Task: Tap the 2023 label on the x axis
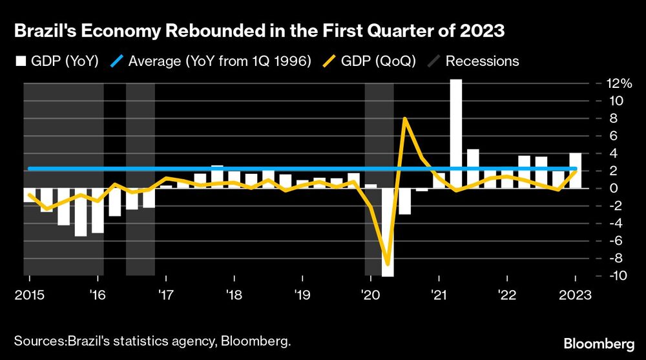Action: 576,295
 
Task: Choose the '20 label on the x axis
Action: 371,295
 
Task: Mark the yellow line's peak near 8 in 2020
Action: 404,119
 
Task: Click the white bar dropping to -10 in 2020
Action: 388,233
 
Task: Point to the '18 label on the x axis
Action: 234,295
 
